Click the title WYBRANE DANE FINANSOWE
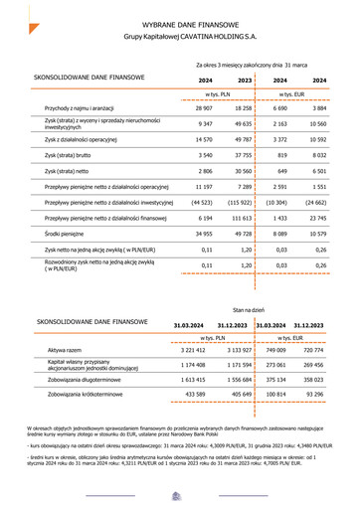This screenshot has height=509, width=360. [180, 22]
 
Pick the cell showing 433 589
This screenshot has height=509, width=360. [194, 395]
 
